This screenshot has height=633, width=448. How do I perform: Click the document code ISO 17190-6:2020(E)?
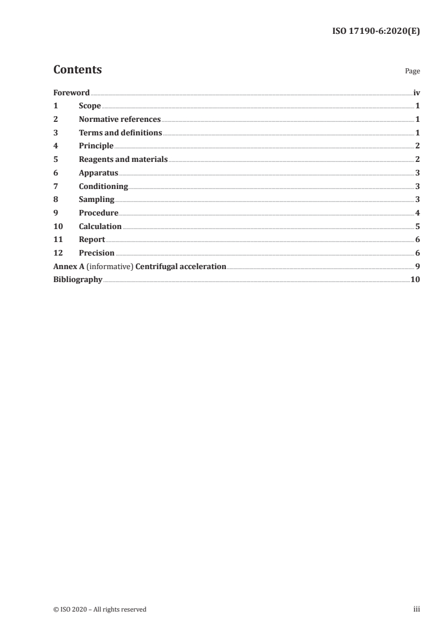376,32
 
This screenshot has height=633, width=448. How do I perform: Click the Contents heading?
77,70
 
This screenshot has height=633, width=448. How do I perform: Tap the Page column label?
412,72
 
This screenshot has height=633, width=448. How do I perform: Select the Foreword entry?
71,93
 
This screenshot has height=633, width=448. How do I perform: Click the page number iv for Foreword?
416,93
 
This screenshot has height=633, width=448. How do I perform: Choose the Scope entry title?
90,106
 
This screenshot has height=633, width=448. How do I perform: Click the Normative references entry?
120,120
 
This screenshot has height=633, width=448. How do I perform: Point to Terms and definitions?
120,133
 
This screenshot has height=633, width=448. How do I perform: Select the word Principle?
96,146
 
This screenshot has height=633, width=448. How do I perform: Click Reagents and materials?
123,160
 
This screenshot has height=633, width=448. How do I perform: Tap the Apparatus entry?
98,173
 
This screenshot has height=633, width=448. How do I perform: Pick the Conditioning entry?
103,186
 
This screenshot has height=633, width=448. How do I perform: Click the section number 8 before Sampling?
55,200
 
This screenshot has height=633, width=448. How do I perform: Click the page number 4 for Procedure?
417,213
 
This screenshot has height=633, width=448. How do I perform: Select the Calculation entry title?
100,226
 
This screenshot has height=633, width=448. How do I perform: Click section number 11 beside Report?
58,240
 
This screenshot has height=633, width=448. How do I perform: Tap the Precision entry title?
97,253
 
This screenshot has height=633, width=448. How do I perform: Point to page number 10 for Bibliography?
415,280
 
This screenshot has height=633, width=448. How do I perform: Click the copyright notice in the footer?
99,609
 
